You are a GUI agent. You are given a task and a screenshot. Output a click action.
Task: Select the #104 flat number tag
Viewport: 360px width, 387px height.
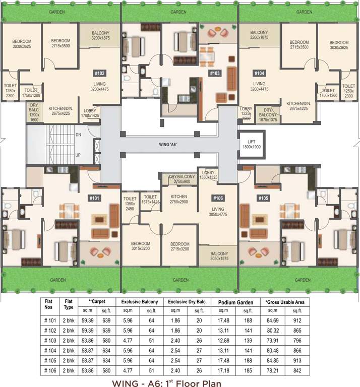[260, 73]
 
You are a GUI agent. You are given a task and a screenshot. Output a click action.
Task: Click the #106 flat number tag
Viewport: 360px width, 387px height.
[218, 198]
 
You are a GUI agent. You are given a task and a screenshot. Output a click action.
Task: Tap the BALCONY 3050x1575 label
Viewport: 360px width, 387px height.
[219, 256]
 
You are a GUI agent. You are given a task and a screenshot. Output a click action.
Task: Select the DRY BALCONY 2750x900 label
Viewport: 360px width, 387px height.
[180, 179]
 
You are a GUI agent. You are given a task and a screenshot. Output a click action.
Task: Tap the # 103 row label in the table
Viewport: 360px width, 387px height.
[49, 341]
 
